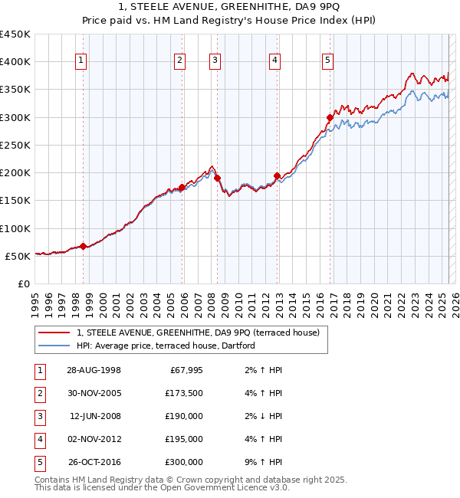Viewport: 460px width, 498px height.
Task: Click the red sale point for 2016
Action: pyautogui.click(x=330, y=118)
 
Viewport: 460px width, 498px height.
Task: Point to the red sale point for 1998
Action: pyautogui.click(x=83, y=246)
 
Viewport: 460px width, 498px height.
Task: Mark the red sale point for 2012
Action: pyautogui.click(x=277, y=175)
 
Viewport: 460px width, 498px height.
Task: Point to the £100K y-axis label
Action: pyautogui.click(x=15, y=228)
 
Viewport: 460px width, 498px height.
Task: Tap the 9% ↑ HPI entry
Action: pyautogui.click(x=261, y=463)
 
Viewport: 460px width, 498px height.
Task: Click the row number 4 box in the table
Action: pyautogui.click(x=39, y=440)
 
